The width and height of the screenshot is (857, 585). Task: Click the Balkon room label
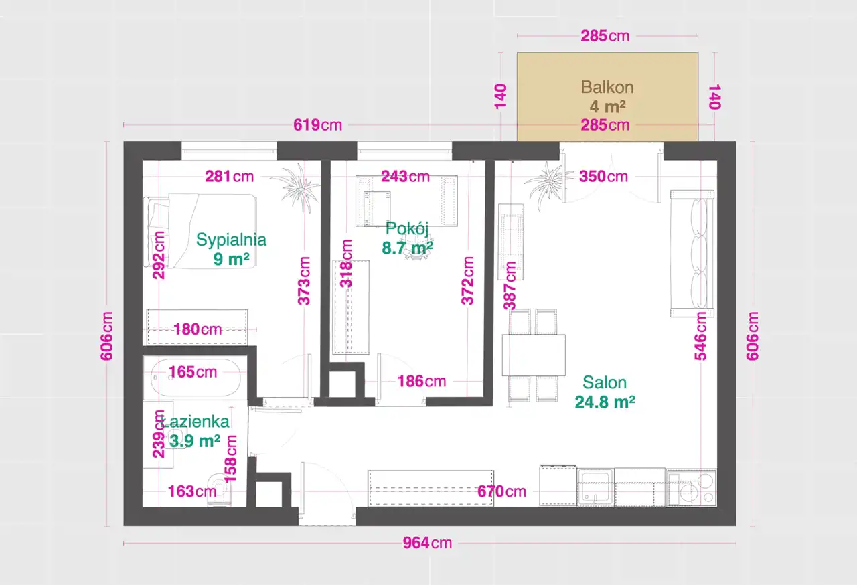[607, 87]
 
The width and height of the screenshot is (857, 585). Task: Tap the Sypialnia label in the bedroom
[231, 240]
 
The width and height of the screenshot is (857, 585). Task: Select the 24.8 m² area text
[605, 402]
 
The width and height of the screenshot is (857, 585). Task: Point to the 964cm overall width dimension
[427, 543]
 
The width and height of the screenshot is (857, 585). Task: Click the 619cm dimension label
[317, 125]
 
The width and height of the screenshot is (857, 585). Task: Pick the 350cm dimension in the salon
[603, 177]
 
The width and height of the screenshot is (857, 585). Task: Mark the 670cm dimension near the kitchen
[501, 491]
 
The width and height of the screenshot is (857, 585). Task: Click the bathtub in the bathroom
[196, 378]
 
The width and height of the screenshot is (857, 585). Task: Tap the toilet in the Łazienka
[219, 490]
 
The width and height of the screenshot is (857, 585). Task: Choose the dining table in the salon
[534, 355]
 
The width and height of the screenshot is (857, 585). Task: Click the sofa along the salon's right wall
[692, 254]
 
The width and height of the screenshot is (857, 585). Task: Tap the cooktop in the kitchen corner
[692, 488]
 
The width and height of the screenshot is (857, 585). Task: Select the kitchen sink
[595, 488]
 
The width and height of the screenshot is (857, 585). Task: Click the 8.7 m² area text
[407, 248]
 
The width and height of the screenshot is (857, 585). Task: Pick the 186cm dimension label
[422, 382]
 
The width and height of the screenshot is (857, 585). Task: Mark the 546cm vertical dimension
[700, 336]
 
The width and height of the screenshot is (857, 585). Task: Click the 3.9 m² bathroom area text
[195, 441]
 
